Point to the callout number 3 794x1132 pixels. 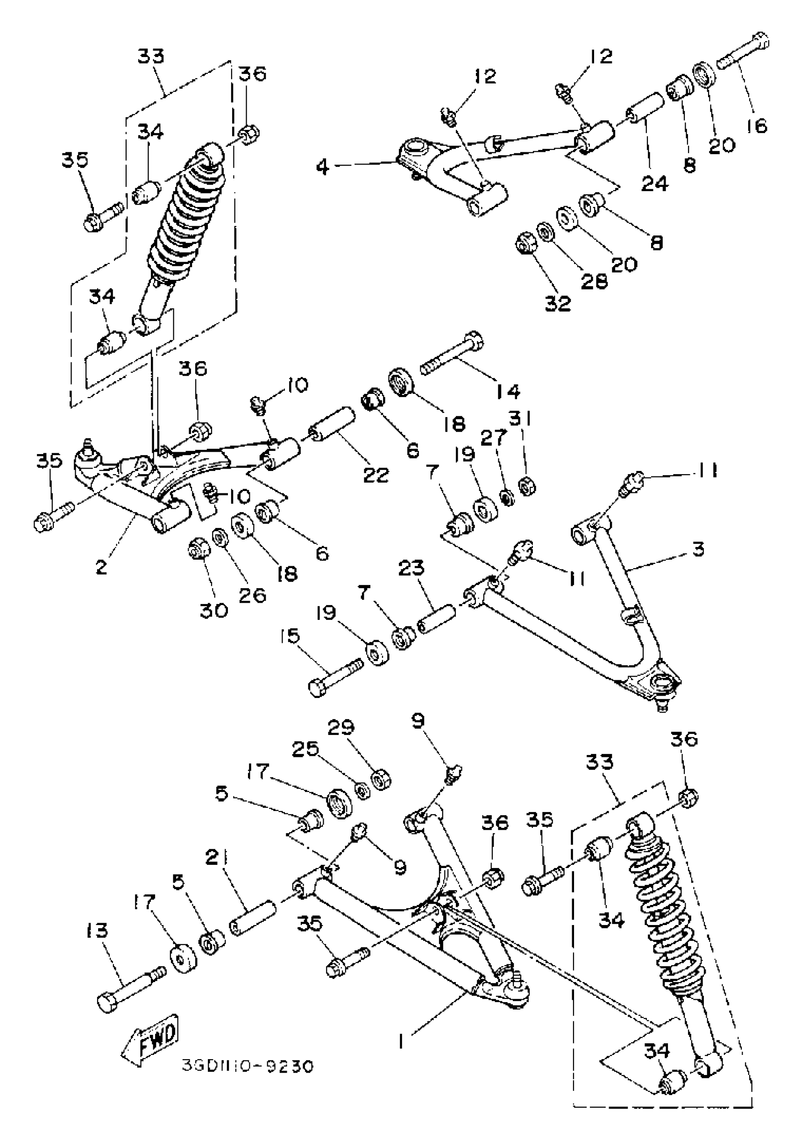point(698,549)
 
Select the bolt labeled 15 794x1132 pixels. point(335,674)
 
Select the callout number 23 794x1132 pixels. point(411,568)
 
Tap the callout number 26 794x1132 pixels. point(252,595)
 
